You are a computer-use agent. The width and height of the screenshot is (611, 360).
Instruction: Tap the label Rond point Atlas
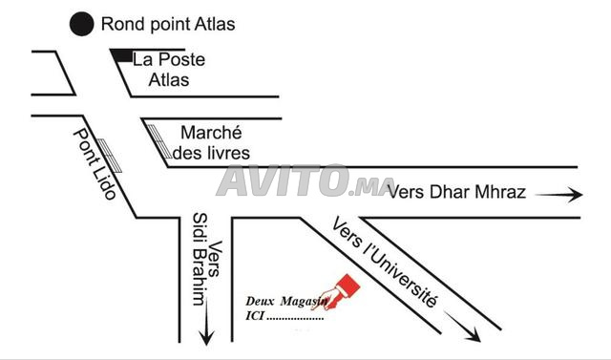point(168,24)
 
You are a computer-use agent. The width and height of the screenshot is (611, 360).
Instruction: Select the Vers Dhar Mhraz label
point(456,192)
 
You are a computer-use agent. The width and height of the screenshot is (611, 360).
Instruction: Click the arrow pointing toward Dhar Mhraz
point(558,195)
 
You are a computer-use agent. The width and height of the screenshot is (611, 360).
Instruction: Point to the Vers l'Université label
point(385,261)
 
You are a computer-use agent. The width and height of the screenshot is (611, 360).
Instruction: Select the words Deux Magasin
point(284,301)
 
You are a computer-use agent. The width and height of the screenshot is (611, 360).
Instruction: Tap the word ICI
point(255,314)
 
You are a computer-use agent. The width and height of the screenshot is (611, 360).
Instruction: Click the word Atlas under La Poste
point(169,79)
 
